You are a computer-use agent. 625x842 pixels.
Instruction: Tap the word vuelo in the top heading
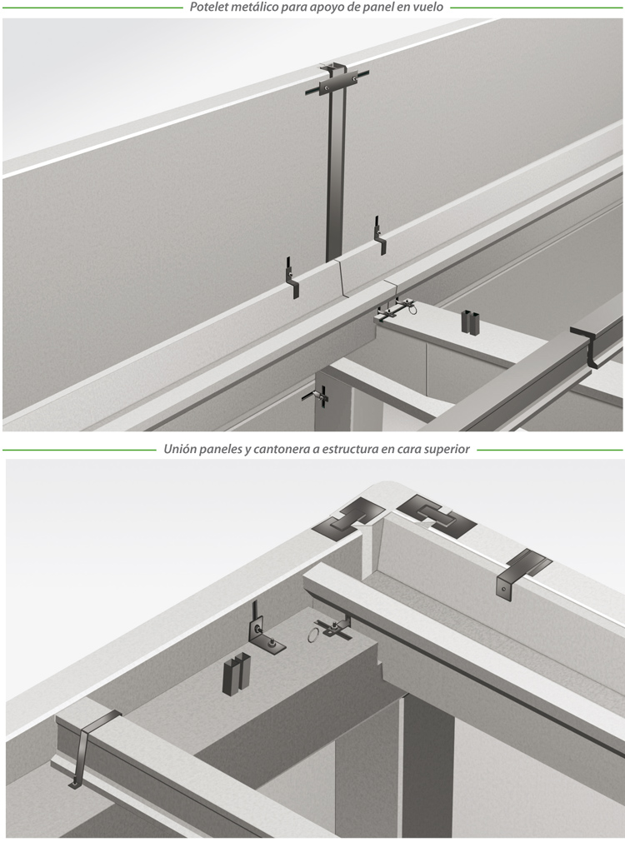tap(430, 7)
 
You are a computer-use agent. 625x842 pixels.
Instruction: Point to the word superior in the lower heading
tap(448, 450)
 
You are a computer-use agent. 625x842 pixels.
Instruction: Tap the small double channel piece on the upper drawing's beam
tap(471, 322)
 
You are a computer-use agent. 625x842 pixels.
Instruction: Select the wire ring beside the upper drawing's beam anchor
tap(412, 309)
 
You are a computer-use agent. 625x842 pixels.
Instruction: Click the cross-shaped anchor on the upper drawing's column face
tap(318, 396)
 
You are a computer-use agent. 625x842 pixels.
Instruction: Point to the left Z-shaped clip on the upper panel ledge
tap(292, 277)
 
